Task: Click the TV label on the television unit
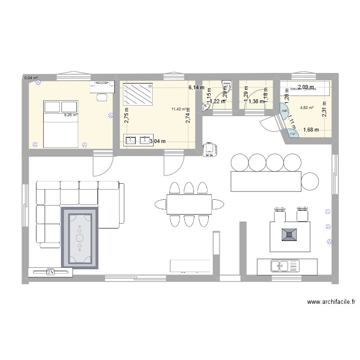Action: point(50,272)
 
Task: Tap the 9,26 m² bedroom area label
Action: point(71,115)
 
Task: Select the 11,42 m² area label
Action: point(178,109)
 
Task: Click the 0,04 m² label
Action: point(31,78)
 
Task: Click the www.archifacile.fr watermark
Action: point(331,302)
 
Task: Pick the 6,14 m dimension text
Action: point(196,88)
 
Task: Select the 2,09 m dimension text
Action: point(306,87)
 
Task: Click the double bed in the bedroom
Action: point(60,124)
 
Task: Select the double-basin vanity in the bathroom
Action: point(138,140)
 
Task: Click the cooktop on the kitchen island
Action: point(290,234)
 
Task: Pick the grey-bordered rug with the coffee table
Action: point(80,238)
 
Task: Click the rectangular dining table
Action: point(189,204)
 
